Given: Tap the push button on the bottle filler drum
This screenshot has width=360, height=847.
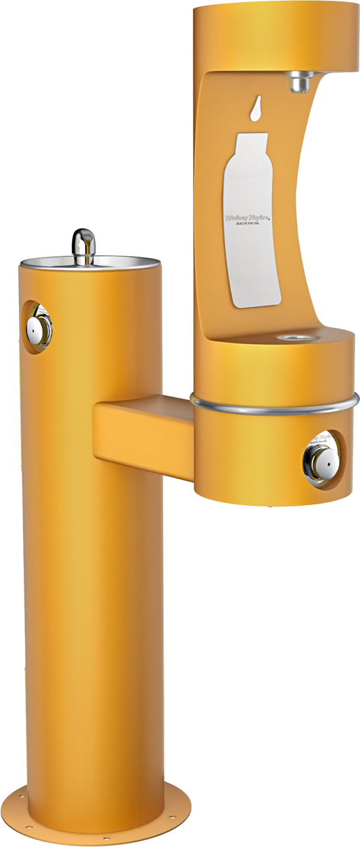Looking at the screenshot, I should pyautogui.click(x=318, y=458).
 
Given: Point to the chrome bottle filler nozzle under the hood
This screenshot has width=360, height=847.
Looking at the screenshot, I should pyautogui.click(x=301, y=81).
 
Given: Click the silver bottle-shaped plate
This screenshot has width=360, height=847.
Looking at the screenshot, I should pyautogui.click(x=251, y=231).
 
